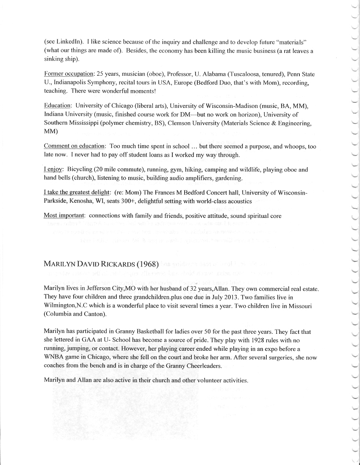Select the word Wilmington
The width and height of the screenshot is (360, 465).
point(61,305)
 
